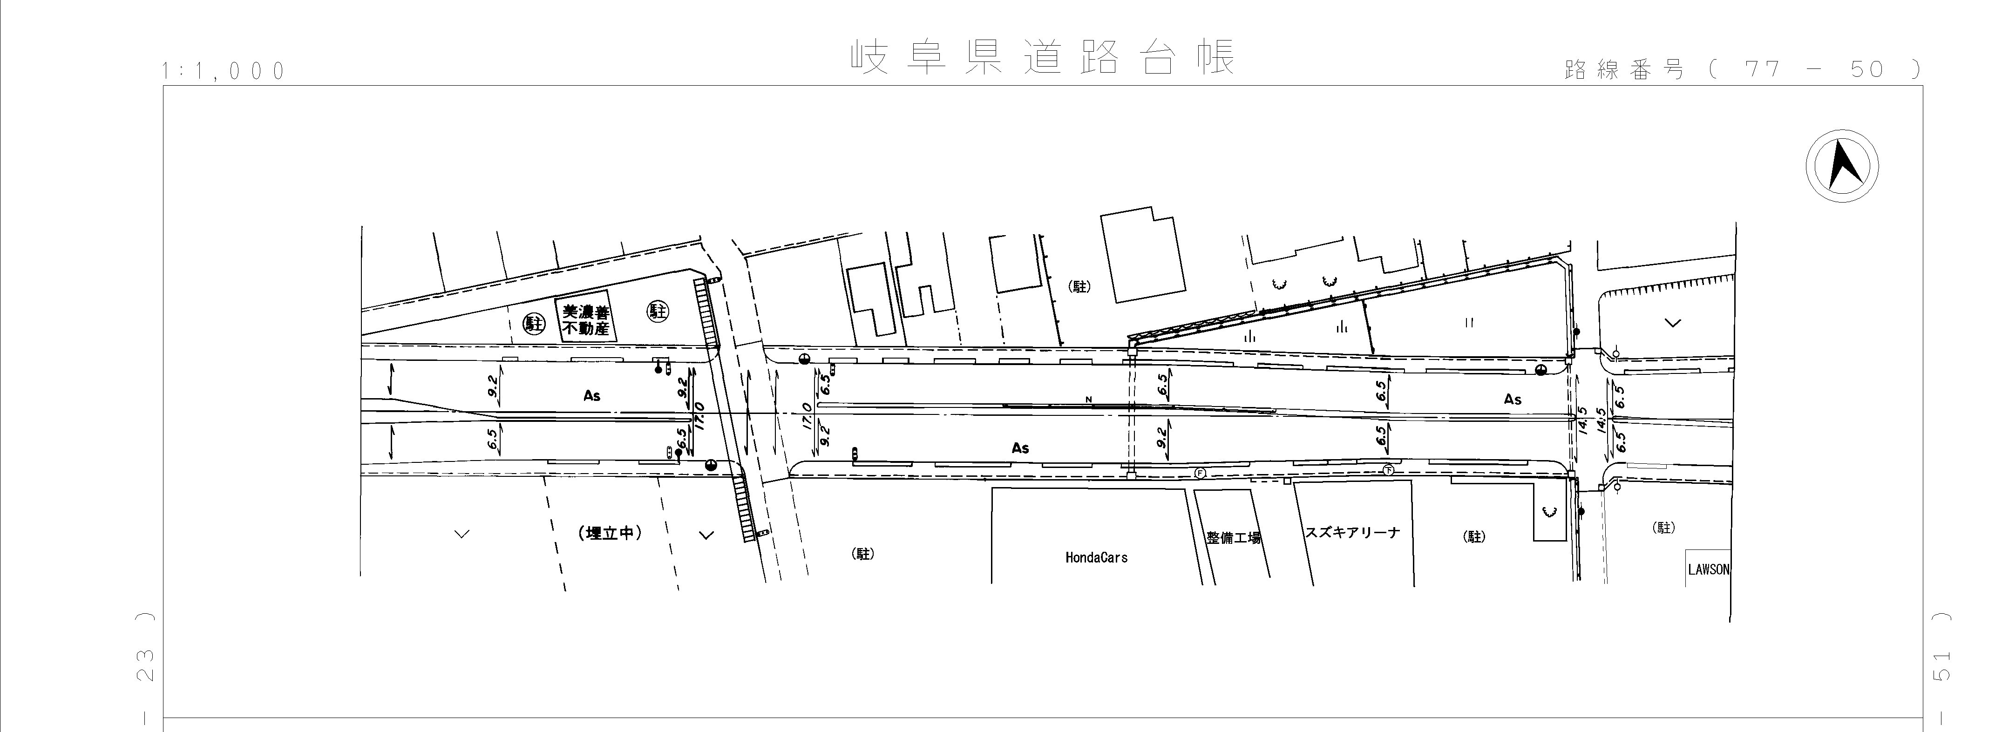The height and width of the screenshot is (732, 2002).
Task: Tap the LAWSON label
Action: coord(1708,569)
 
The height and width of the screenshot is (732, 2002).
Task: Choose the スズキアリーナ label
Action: coord(1352,532)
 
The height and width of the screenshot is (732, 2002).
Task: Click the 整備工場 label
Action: coord(1233,537)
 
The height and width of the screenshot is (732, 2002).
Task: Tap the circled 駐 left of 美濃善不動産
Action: coord(534,323)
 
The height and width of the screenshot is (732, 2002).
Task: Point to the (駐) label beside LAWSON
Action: coord(1664,528)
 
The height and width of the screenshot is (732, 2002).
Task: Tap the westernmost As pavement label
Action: coord(592,395)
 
